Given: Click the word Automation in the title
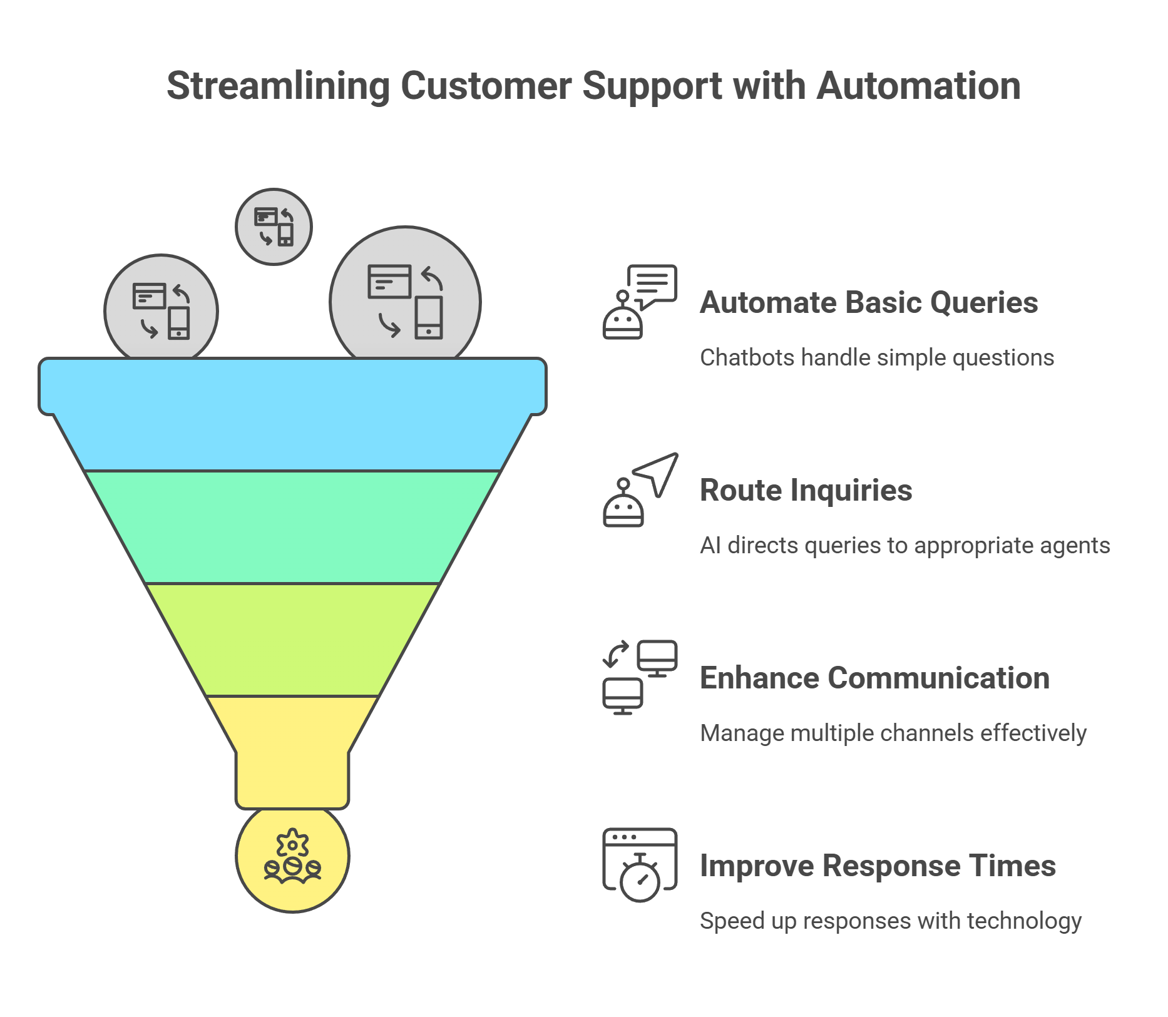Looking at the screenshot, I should point(918,86).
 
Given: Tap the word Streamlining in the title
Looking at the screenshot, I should point(278,86).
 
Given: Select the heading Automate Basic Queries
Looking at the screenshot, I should point(868,303).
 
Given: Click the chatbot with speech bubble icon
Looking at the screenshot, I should point(638,302).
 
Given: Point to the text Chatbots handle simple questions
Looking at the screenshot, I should point(876,358).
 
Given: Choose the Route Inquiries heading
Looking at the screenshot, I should point(806,491).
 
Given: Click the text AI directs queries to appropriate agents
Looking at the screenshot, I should point(904,546).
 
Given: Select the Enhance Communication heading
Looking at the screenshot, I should point(874,678).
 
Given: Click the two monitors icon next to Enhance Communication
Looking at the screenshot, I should point(640,677).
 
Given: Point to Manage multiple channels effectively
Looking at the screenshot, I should point(893,733).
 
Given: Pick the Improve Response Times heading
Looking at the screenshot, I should point(878,866).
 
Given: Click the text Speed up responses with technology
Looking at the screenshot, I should point(890,921).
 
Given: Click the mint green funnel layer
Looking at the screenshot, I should point(292,527).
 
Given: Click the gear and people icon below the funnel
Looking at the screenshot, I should point(292,856).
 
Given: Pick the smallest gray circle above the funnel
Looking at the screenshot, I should point(274,227).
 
